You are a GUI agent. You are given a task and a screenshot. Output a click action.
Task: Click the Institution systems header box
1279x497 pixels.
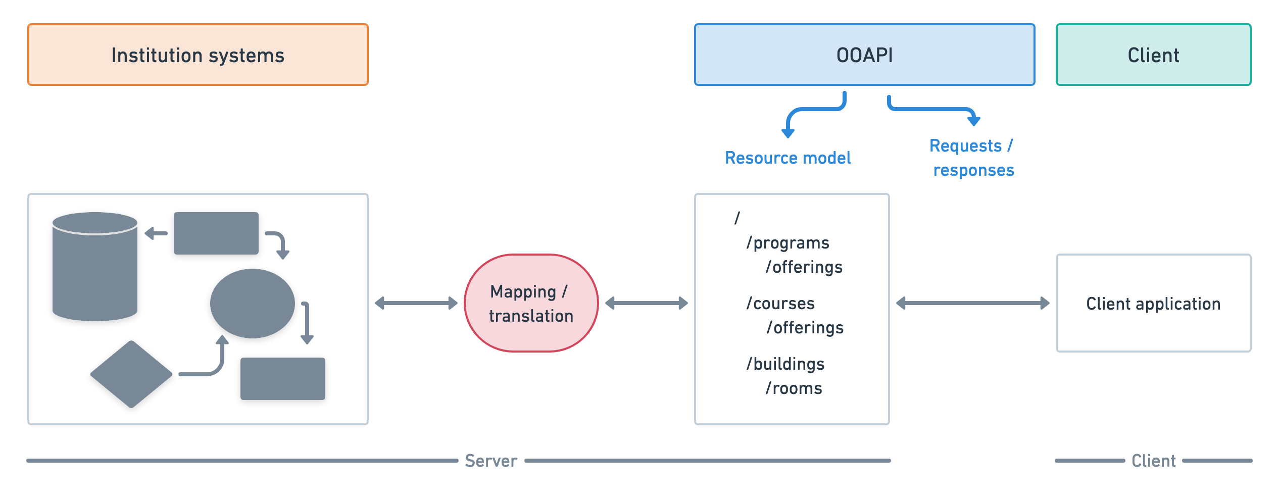(x=198, y=55)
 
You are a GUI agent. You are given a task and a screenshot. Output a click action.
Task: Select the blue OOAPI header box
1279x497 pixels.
(x=864, y=55)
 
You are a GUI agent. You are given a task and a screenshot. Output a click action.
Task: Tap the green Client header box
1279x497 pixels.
(x=1153, y=55)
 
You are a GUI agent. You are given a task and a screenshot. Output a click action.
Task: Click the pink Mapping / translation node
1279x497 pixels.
(x=531, y=303)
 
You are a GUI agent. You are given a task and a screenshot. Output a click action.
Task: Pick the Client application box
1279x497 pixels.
(x=1153, y=303)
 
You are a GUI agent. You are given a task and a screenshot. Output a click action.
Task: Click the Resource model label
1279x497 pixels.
(x=788, y=158)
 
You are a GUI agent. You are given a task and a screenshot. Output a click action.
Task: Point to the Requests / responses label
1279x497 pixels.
(x=972, y=158)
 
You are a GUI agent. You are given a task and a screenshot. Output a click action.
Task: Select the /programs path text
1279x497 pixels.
(x=788, y=243)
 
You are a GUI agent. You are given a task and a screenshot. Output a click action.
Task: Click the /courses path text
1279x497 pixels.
(x=781, y=304)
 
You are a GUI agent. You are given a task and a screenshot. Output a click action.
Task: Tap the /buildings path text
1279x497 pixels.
(x=785, y=364)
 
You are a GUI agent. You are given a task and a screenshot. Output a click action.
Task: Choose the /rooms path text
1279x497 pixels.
(x=794, y=388)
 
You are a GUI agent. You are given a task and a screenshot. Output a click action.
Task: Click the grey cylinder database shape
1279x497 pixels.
(x=95, y=268)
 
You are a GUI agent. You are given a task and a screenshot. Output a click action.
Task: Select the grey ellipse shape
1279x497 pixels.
(x=252, y=303)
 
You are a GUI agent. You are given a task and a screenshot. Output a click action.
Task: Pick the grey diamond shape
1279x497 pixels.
(x=131, y=374)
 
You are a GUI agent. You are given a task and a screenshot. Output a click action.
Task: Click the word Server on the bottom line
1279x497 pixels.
(x=490, y=461)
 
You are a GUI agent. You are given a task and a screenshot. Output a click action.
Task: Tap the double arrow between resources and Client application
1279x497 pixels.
(x=972, y=303)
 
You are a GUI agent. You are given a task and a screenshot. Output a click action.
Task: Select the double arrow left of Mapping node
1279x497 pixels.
(x=416, y=303)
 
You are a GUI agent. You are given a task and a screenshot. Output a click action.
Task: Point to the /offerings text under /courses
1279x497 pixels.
(x=805, y=328)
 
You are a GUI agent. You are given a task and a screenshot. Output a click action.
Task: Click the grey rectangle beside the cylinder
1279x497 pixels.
(x=216, y=233)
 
